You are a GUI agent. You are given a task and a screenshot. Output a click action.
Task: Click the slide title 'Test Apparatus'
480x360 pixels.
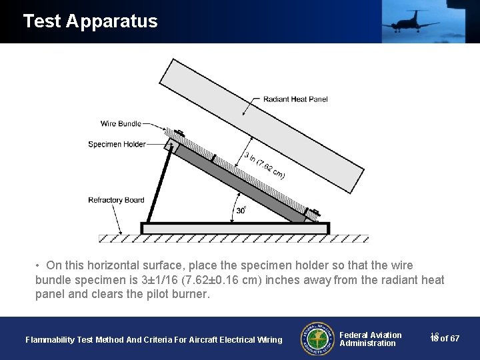coord(90,21)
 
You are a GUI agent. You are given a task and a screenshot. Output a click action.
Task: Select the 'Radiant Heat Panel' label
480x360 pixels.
coord(295,99)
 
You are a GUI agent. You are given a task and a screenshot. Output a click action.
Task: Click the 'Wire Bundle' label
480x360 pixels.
coord(121,123)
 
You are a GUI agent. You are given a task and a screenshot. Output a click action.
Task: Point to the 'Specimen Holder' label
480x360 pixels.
coord(117,144)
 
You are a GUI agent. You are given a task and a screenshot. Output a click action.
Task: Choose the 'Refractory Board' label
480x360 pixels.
coord(116,200)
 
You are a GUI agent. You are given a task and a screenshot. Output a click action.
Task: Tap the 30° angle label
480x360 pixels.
coord(241,210)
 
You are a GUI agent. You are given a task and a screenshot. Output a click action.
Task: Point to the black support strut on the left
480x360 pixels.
coord(159,187)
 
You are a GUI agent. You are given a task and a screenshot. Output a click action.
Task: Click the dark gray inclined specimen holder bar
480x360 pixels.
coord(240,183)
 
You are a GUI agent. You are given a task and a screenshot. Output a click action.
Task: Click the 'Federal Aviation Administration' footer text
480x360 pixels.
coord(370,339)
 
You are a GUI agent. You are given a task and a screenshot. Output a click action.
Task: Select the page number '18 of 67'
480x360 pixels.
coord(445,339)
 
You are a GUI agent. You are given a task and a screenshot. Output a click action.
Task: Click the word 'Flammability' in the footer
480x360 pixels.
coord(49,340)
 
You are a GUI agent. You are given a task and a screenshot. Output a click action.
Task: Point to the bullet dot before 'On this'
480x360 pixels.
coord(39,265)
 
